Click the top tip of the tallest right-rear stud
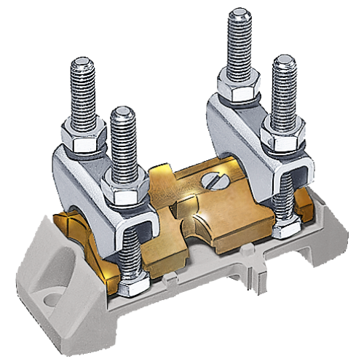[x=238, y=15]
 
